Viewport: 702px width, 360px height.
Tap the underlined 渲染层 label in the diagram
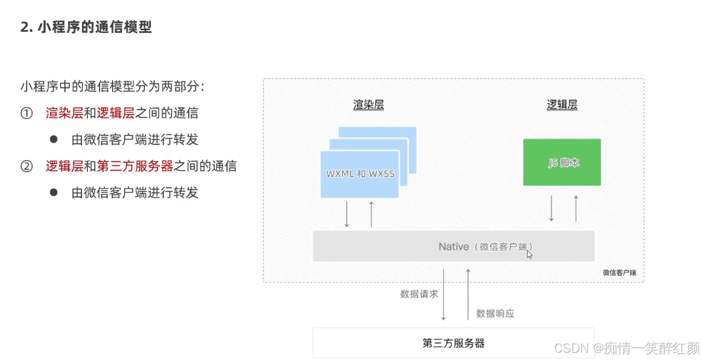368,105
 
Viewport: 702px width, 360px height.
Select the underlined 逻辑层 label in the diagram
562,105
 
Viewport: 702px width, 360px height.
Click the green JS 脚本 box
562,162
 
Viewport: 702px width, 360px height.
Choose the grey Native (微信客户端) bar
453,246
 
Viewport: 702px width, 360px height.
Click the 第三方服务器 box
453,343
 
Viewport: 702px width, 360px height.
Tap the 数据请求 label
419,294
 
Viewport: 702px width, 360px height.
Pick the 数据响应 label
495,313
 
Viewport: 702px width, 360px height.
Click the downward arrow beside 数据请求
444,295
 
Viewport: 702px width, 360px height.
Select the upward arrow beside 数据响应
468,295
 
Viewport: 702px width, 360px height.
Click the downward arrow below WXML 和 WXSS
347,214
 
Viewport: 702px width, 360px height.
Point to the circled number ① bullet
26,113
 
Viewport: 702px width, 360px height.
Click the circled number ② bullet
26,166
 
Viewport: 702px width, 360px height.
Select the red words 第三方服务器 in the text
135,166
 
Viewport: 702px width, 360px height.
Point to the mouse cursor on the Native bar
529,255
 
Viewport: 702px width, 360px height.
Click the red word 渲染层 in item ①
65,113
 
